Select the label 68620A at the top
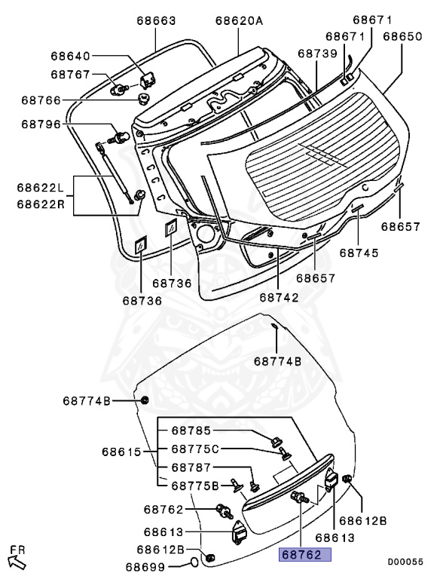(x=239, y=21)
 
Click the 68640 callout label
(x=71, y=56)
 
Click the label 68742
(x=280, y=297)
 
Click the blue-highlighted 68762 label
(x=307, y=555)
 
